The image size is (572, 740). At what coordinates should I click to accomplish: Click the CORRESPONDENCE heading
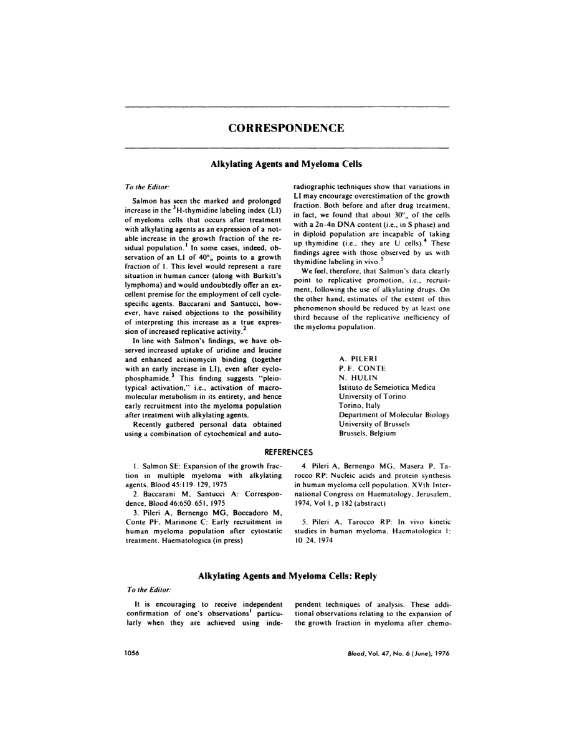click(x=286, y=128)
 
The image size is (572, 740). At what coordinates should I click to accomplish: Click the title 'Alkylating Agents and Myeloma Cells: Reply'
click(x=287, y=576)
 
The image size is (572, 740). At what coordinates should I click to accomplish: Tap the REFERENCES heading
click(x=287, y=452)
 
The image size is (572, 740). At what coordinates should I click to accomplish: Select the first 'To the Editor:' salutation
click(x=147, y=186)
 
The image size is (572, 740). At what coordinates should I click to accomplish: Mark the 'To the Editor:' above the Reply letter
click(x=147, y=589)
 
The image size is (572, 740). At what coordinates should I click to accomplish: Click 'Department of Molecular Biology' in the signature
click(x=394, y=414)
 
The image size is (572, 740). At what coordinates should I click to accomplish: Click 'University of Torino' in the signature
click(x=372, y=396)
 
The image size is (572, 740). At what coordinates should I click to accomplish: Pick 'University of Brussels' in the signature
click(x=374, y=424)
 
